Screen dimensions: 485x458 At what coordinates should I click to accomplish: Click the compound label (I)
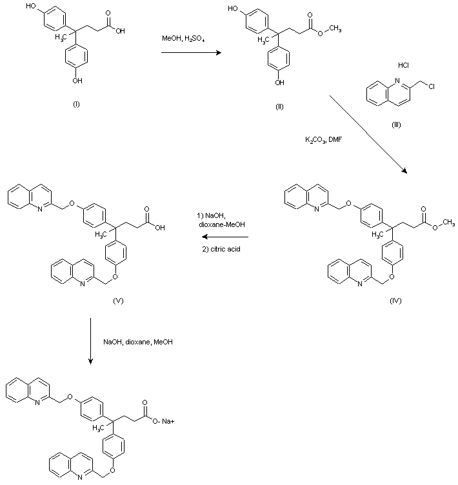pyautogui.click(x=77, y=104)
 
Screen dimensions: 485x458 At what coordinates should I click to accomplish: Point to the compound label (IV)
pyautogui.click(x=395, y=301)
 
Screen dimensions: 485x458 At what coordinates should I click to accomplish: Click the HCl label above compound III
pyautogui.click(x=403, y=65)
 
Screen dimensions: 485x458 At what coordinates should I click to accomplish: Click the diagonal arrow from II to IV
pyautogui.click(x=368, y=135)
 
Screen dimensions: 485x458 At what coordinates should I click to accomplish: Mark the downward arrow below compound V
pyautogui.click(x=90, y=341)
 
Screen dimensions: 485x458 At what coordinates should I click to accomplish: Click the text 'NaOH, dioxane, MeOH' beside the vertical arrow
pyautogui.click(x=138, y=342)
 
